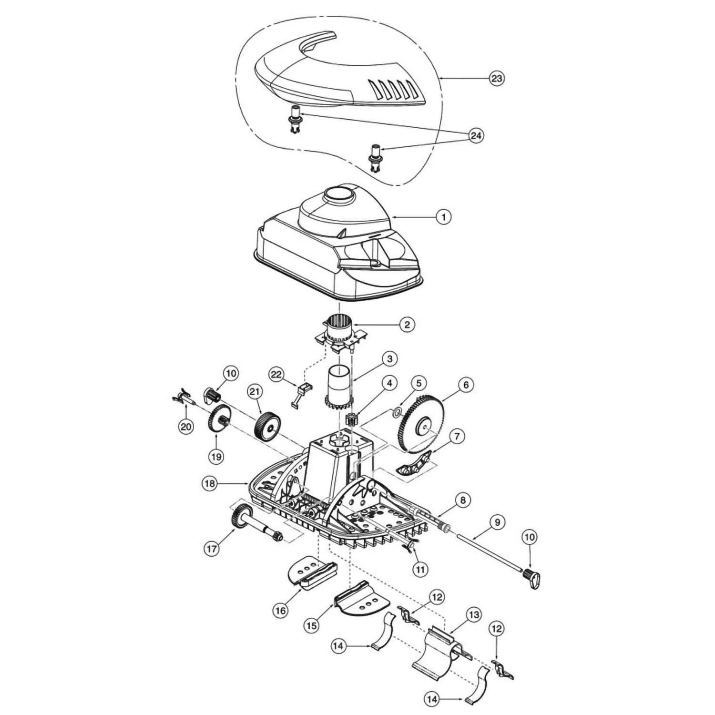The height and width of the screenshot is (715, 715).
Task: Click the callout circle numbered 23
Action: tap(497, 78)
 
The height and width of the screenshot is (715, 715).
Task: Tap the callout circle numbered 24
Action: tap(475, 136)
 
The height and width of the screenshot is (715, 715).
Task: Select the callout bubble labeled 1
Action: tap(443, 217)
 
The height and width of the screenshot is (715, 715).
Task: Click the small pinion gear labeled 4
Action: tap(351, 421)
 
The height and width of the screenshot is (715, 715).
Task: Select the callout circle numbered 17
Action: tap(212, 549)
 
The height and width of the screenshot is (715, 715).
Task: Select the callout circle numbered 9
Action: tap(497, 522)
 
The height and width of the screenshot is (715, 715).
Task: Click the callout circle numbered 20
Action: tap(186, 427)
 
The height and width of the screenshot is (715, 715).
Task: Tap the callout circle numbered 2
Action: tap(406, 325)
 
